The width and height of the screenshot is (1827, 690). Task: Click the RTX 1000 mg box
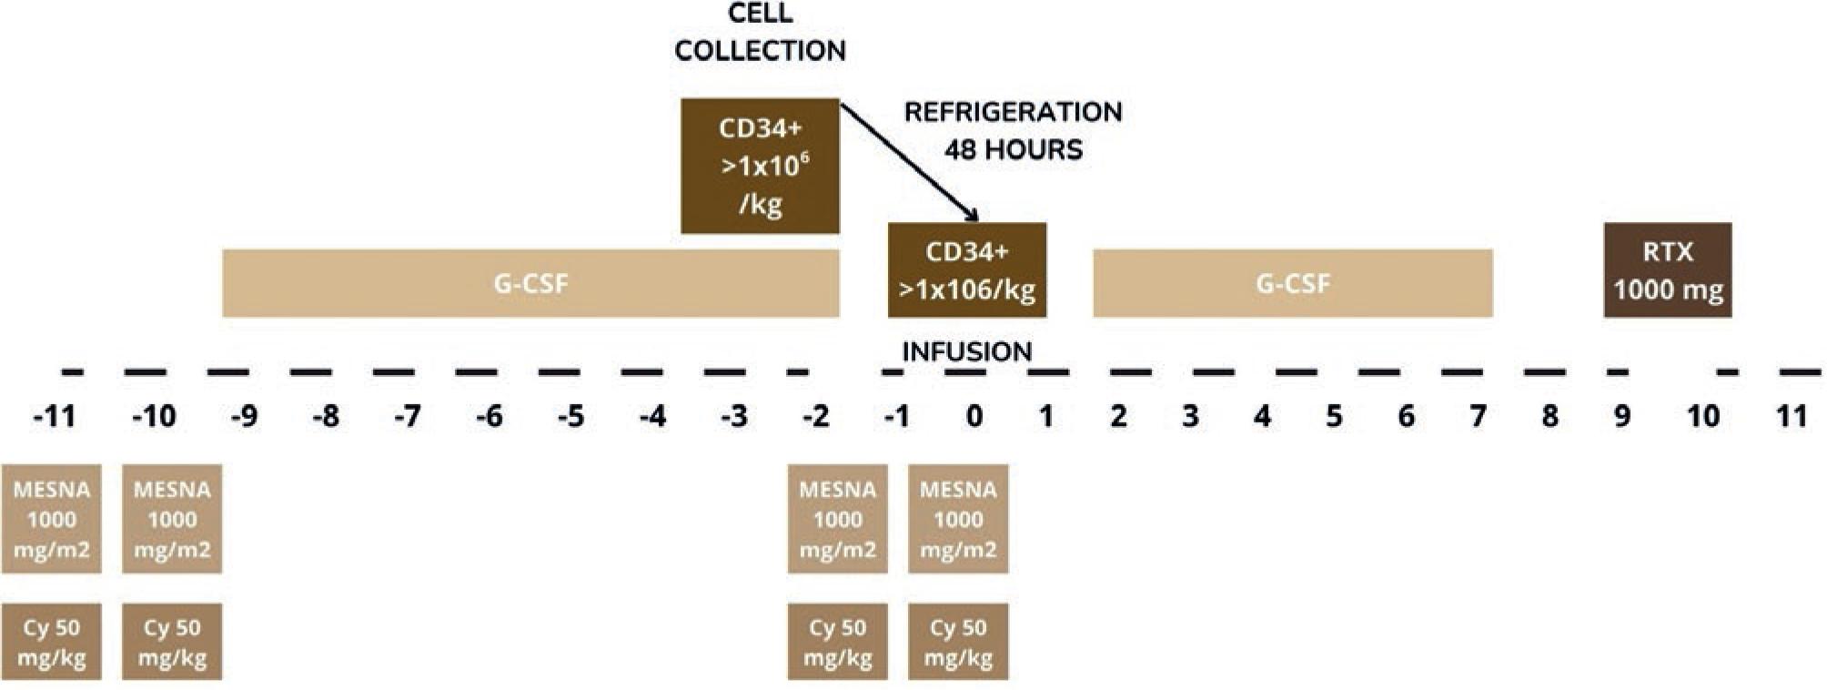(1667, 270)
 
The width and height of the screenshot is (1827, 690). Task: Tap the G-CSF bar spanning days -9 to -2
(530, 283)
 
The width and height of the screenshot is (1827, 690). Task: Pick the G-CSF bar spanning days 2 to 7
(1292, 283)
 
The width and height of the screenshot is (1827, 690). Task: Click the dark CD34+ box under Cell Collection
(760, 166)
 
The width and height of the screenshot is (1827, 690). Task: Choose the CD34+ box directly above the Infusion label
(966, 270)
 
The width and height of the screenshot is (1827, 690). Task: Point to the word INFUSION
(966, 351)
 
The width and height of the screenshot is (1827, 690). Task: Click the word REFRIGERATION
(1013, 112)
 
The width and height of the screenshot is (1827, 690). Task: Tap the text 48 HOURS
(1013, 149)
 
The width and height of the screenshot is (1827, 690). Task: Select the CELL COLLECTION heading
(760, 32)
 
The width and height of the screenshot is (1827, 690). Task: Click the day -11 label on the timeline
(54, 417)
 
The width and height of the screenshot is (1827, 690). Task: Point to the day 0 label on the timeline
(974, 417)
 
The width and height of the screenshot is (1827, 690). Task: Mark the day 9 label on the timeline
(1621, 417)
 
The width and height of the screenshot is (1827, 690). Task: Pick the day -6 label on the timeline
(489, 417)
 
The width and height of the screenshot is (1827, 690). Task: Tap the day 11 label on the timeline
(1792, 417)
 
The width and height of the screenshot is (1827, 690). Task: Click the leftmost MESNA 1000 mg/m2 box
(51, 519)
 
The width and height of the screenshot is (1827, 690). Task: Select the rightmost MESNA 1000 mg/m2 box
(958, 519)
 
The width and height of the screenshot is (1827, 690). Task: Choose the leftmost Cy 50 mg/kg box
(51, 642)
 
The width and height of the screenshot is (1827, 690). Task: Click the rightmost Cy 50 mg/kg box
(958, 642)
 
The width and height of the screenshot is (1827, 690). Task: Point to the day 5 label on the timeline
(1334, 417)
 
